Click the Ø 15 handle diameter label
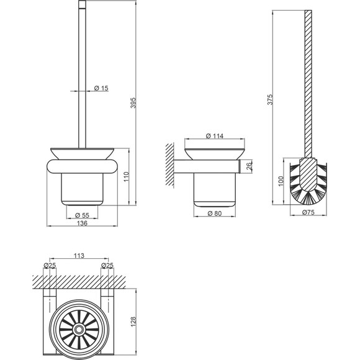tap(101, 88)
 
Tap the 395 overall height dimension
tap(133, 103)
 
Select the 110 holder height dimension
tap(127, 177)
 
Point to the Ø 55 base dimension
tap(82, 215)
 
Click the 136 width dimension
tap(82, 223)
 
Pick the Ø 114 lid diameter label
tap(215, 136)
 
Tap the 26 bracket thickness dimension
tap(249, 166)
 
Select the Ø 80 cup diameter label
tap(215, 214)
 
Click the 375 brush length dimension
tap(270, 100)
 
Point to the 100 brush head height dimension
tap(281, 181)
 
